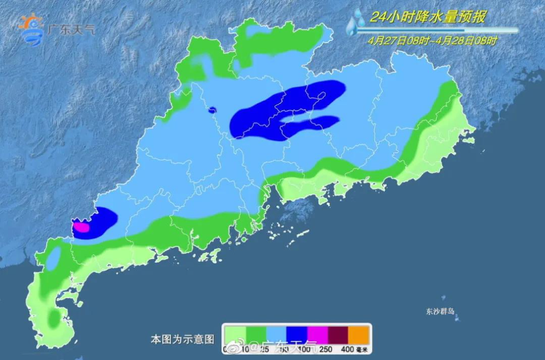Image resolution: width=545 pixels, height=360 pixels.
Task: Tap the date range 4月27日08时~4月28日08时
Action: pos(432,40)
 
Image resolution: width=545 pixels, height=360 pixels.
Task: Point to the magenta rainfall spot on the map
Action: pos(82,228)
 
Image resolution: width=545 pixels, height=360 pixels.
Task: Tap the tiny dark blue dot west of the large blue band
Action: pos(212,109)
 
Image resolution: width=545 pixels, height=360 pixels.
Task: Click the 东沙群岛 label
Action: pos(440,312)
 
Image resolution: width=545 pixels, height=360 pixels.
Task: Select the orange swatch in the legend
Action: pos(358,335)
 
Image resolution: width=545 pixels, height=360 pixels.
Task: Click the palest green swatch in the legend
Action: pos(234,335)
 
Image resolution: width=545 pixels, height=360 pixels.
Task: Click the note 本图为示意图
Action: pos(182,339)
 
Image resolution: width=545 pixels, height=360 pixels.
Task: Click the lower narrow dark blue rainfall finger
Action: pos(310,125)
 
